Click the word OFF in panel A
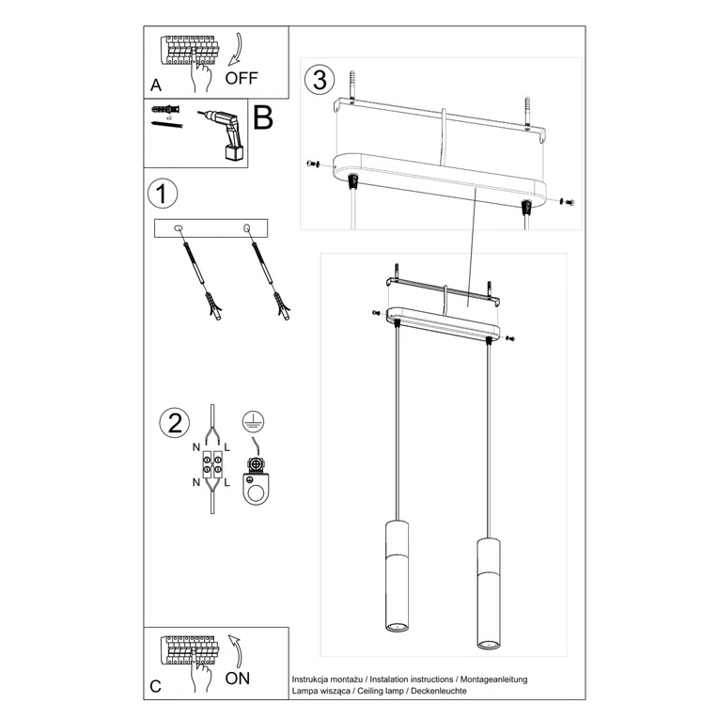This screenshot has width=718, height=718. click(x=241, y=78)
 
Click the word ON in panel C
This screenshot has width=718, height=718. click(x=238, y=678)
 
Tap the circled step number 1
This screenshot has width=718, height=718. click(x=163, y=195)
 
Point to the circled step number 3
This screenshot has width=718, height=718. click(x=320, y=80)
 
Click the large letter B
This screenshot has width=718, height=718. click(x=263, y=118)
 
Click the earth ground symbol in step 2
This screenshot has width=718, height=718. click(x=252, y=422)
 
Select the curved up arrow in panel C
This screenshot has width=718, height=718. click(x=233, y=649)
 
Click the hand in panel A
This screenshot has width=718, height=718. click(x=198, y=75)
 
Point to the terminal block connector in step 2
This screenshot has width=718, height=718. click(x=212, y=464)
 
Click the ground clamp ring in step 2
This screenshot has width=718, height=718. click(x=255, y=488)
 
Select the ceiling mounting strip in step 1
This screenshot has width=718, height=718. click(x=211, y=227)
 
